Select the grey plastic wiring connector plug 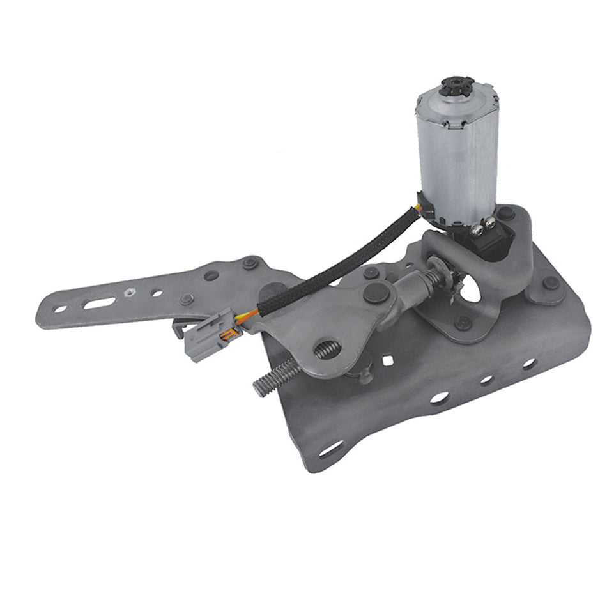(x=204, y=333)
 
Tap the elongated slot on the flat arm (x=100, y=303)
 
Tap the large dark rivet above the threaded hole (x=373, y=293)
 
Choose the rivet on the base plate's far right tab (x=549, y=283)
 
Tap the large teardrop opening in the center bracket (x=472, y=288)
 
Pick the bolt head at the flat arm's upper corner (x=250, y=262)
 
